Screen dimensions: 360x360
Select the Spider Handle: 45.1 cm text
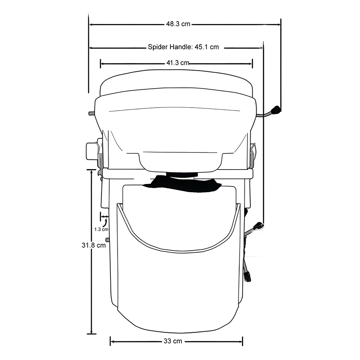[x=183, y=47]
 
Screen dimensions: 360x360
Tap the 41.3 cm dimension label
[x=177, y=63]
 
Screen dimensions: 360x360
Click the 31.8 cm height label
[x=94, y=245]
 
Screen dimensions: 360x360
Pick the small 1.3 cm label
[x=101, y=229]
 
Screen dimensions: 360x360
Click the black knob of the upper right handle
[x=276, y=110]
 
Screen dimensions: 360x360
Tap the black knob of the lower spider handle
[x=258, y=226]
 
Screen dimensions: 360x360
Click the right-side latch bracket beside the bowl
[x=253, y=152]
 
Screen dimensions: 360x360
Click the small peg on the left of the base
[x=107, y=239]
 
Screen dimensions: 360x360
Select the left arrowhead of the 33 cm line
[x=112, y=341]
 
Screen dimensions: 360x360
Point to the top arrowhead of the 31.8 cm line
[x=92, y=172]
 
